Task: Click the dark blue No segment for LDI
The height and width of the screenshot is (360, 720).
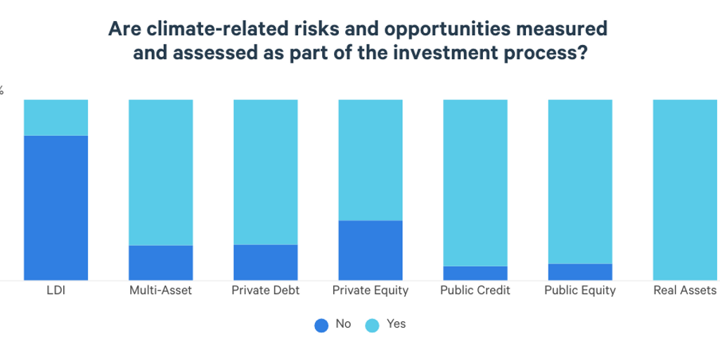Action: tap(56, 207)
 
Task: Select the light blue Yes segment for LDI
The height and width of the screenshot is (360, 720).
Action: tap(56, 117)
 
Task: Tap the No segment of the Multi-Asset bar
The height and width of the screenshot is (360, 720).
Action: tap(160, 262)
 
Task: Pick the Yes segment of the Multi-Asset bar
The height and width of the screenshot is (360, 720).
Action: tap(160, 172)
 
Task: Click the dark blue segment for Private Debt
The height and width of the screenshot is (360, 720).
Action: tap(265, 262)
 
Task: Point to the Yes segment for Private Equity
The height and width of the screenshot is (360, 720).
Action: tap(370, 160)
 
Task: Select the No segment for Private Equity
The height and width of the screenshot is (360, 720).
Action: tap(370, 250)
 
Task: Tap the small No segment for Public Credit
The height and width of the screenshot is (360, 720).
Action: tap(475, 273)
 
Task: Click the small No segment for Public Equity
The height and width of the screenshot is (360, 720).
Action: tap(579, 271)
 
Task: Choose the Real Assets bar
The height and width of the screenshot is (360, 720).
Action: tap(685, 190)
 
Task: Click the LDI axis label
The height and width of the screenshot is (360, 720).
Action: tap(56, 290)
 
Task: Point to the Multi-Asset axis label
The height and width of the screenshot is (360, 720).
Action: tap(160, 290)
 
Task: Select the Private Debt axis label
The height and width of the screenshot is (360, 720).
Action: tap(265, 290)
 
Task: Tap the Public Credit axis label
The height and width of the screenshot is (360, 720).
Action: tap(475, 290)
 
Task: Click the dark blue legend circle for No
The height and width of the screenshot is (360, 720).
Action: tap(321, 325)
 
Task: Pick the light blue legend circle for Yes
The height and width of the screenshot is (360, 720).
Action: tap(373, 325)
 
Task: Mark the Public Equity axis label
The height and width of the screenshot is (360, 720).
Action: tap(579, 290)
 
